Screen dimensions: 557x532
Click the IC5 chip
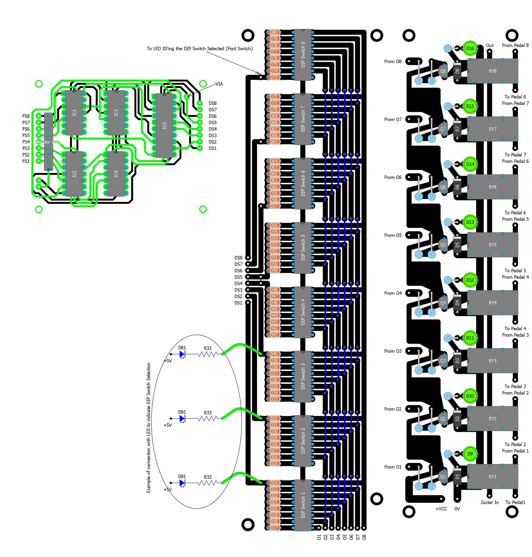point(164,126)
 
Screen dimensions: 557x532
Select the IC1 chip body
point(74,113)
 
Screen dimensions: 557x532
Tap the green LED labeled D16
point(470,49)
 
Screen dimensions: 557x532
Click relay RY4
point(492,303)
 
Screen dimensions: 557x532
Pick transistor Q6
point(443,187)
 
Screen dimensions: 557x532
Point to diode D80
point(274,32)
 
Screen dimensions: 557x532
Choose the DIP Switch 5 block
point(303,247)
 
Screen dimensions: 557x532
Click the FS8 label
point(26,116)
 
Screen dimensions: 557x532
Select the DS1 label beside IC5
point(212,149)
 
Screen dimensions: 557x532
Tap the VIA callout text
point(219,84)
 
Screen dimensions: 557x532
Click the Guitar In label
point(490,502)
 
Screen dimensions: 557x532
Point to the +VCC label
point(441,509)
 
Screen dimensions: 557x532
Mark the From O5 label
point(393,235)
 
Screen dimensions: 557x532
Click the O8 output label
point(364,537)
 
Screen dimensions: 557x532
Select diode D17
point(274,528)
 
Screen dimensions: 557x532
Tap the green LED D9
point(470,454)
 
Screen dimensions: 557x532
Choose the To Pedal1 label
point(515,502)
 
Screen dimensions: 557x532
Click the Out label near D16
point(490,45)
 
